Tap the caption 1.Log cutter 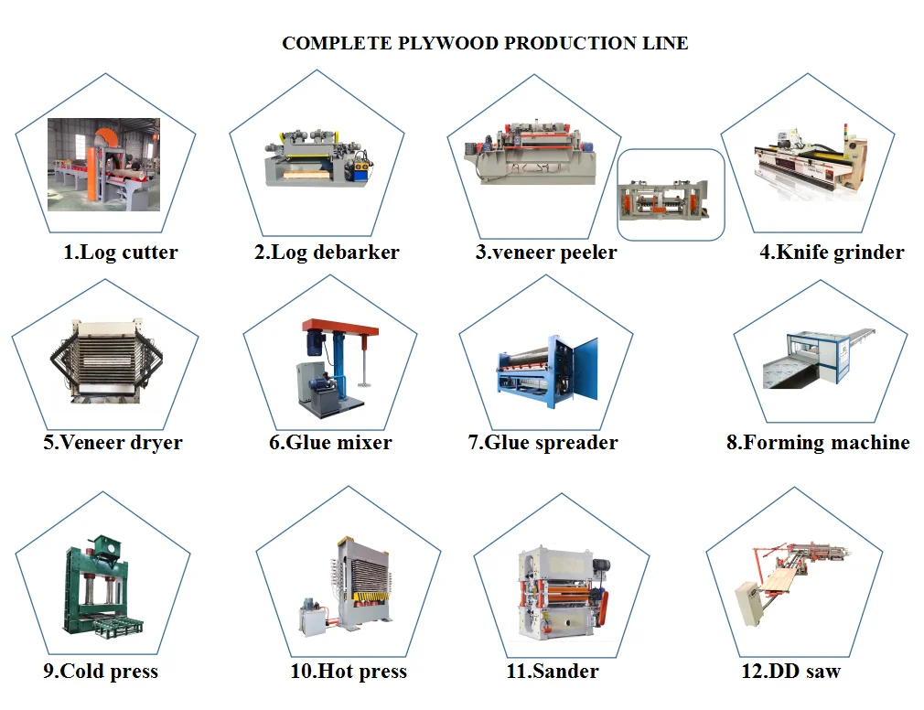tap(120, 253)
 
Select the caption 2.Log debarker tap(327, 253)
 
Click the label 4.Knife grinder tap(831, 253)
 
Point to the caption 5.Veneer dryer tap(113, 443)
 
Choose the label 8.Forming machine tap(818, 443)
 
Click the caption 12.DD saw tap(790, 672)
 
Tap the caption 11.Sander tap(553, 672)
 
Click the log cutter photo tap(103, 165)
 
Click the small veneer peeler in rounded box tap(671, 196)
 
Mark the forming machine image tap(817, 360)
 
